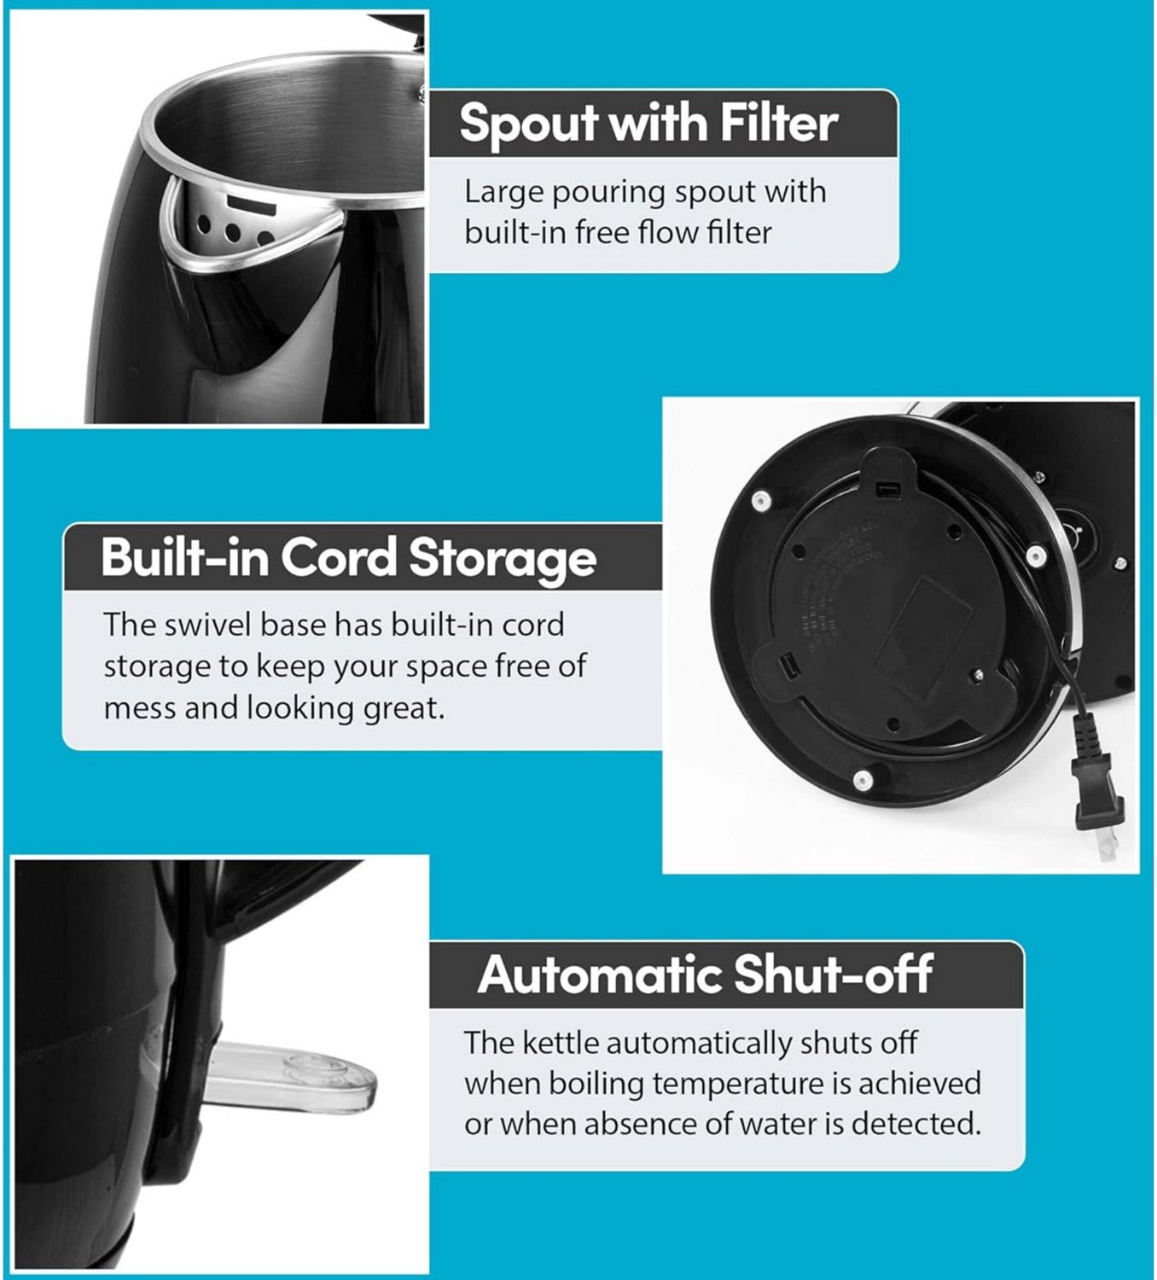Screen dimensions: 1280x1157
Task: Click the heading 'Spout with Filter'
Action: point(648,124)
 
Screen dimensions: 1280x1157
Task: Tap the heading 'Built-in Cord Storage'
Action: point(348,557)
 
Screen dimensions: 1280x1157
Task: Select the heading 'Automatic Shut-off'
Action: point(705,974)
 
